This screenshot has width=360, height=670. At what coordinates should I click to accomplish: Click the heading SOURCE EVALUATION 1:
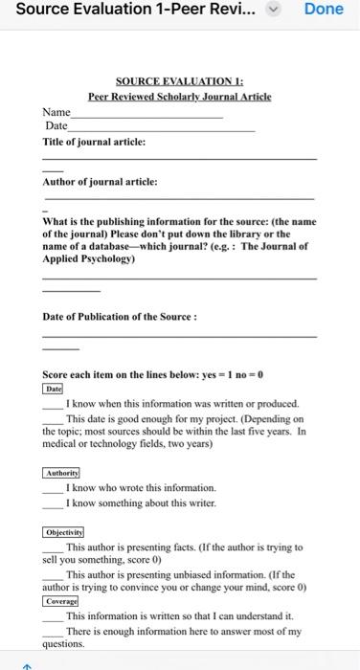coord(180,82)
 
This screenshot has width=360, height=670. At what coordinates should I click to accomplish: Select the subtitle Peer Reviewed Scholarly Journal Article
coord(180,97)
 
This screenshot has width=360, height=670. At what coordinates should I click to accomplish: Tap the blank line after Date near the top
coord(163,127)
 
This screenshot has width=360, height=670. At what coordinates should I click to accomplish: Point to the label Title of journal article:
coord(94,141)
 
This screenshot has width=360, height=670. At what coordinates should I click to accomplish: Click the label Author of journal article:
coord(100,181)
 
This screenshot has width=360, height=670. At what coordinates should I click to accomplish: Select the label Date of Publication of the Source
coord(120,317)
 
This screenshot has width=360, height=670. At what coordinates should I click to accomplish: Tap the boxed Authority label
coord(62,473)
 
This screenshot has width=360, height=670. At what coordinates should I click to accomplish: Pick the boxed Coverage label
coord(60,600)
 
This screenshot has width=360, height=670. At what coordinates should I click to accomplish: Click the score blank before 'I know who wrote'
coord(52,489)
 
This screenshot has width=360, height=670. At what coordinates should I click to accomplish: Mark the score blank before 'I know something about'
coord(52,503)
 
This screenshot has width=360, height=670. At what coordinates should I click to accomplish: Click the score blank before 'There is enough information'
coord(52,632)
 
